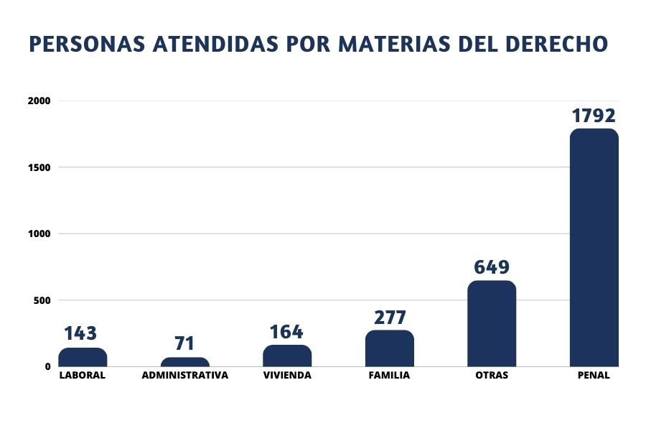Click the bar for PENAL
click(x=594, y=248)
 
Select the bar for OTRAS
click(x=492, y=323)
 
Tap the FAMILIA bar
click(x=390, y=348)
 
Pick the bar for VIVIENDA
click(x=287, y=356)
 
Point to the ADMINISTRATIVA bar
click(x=185, y=362)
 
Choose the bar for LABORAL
click(x=83, y=357)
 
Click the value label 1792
click(x=594, y=116)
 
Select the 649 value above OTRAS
click(x=492, y=267)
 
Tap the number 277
click(x=390, y=318)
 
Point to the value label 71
click(x=184, y=343)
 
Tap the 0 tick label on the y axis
click(x=48, y=366)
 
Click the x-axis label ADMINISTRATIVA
click(x=185, y=375)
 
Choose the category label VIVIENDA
click(x=287, y=375)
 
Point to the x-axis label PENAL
click(x=594, y=375)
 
